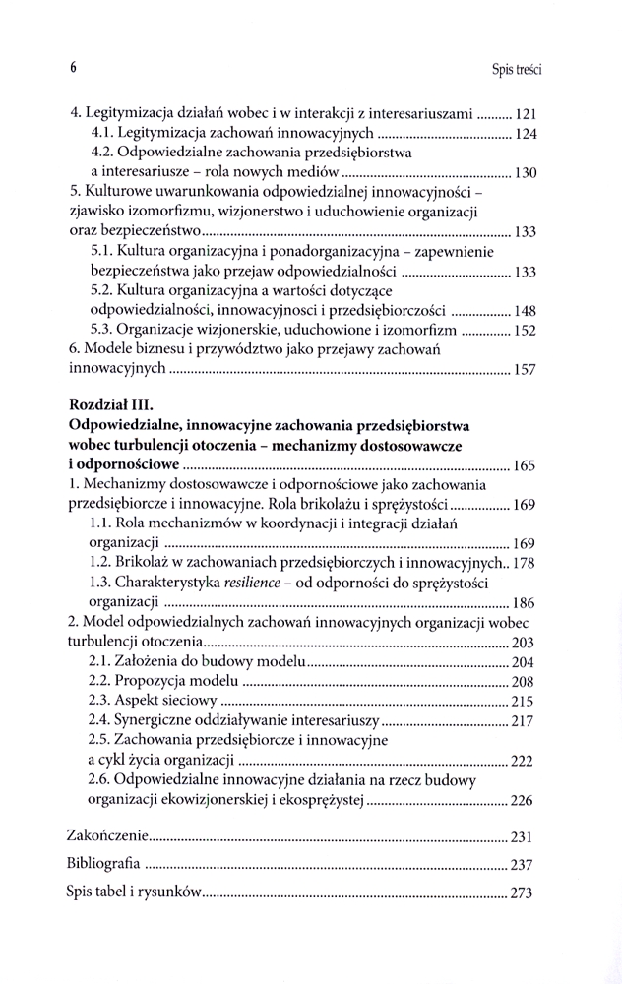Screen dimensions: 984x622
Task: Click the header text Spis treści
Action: (517, 69)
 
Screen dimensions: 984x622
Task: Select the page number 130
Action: (525, 173)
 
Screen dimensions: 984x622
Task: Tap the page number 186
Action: (525, 602)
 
